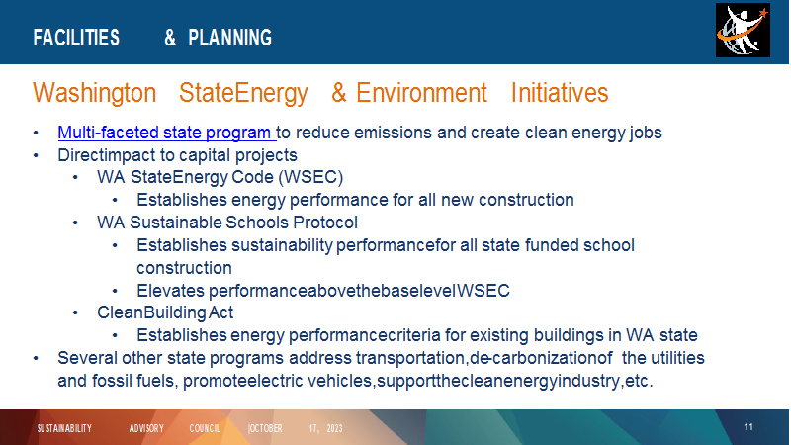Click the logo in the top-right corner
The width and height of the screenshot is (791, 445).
743,31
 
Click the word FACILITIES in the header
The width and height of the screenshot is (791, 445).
76,38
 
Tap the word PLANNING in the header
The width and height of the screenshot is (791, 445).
230,38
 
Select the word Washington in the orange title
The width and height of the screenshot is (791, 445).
94,93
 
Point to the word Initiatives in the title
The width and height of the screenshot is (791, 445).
560,93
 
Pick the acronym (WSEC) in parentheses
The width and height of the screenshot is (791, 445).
310,177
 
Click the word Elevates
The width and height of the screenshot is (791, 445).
170,291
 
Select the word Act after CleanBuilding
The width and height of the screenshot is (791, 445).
220,312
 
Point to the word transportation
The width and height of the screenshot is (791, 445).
410,358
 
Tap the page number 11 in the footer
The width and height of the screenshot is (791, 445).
748,427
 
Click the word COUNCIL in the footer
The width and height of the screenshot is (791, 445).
205,428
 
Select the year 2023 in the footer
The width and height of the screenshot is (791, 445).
334,428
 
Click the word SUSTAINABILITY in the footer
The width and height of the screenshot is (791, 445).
64,428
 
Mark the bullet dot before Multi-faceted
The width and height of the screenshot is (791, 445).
36,133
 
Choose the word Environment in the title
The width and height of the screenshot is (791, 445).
421,93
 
